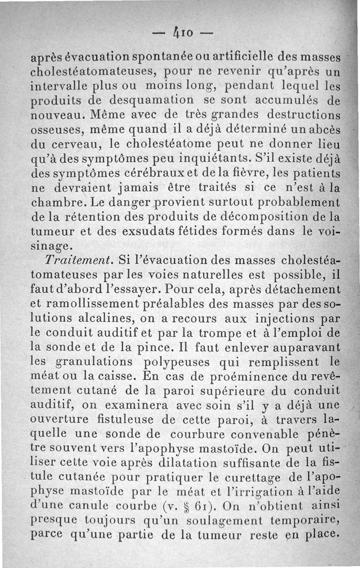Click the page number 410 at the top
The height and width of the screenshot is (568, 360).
click(x=180, y=33)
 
